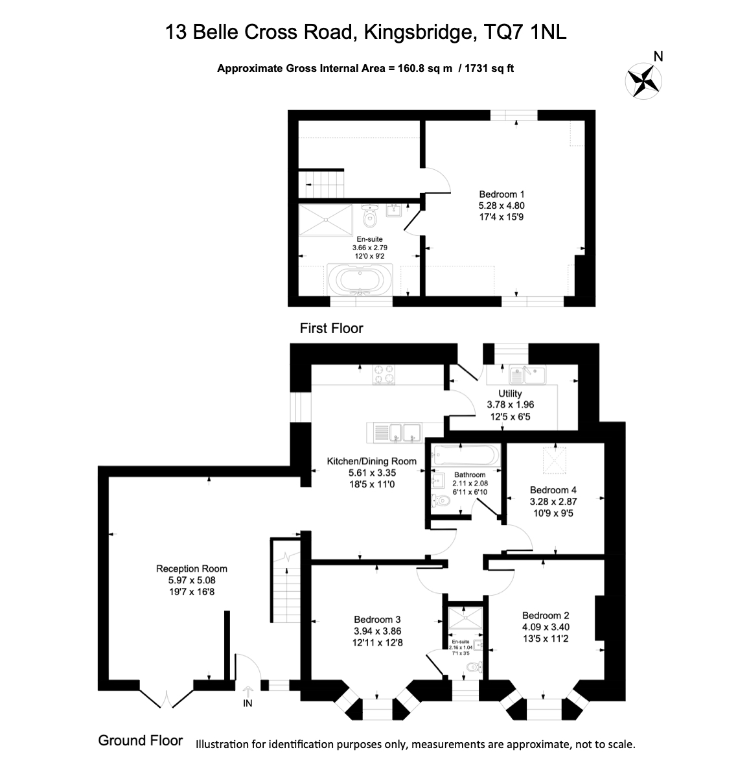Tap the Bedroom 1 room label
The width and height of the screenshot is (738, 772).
pos(502,194)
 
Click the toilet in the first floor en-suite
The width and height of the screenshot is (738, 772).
pos(370,217)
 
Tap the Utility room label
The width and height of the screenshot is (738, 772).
pos(510,393)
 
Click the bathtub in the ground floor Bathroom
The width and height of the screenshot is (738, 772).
pos(467,455)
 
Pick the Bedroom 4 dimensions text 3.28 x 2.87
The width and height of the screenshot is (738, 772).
pos(553,501)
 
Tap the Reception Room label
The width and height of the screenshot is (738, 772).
pos(192,568)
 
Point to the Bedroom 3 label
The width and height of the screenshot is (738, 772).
pos(377,619)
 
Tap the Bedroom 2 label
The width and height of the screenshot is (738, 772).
pos(546,615)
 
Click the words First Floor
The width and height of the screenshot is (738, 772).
pos(331,329)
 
